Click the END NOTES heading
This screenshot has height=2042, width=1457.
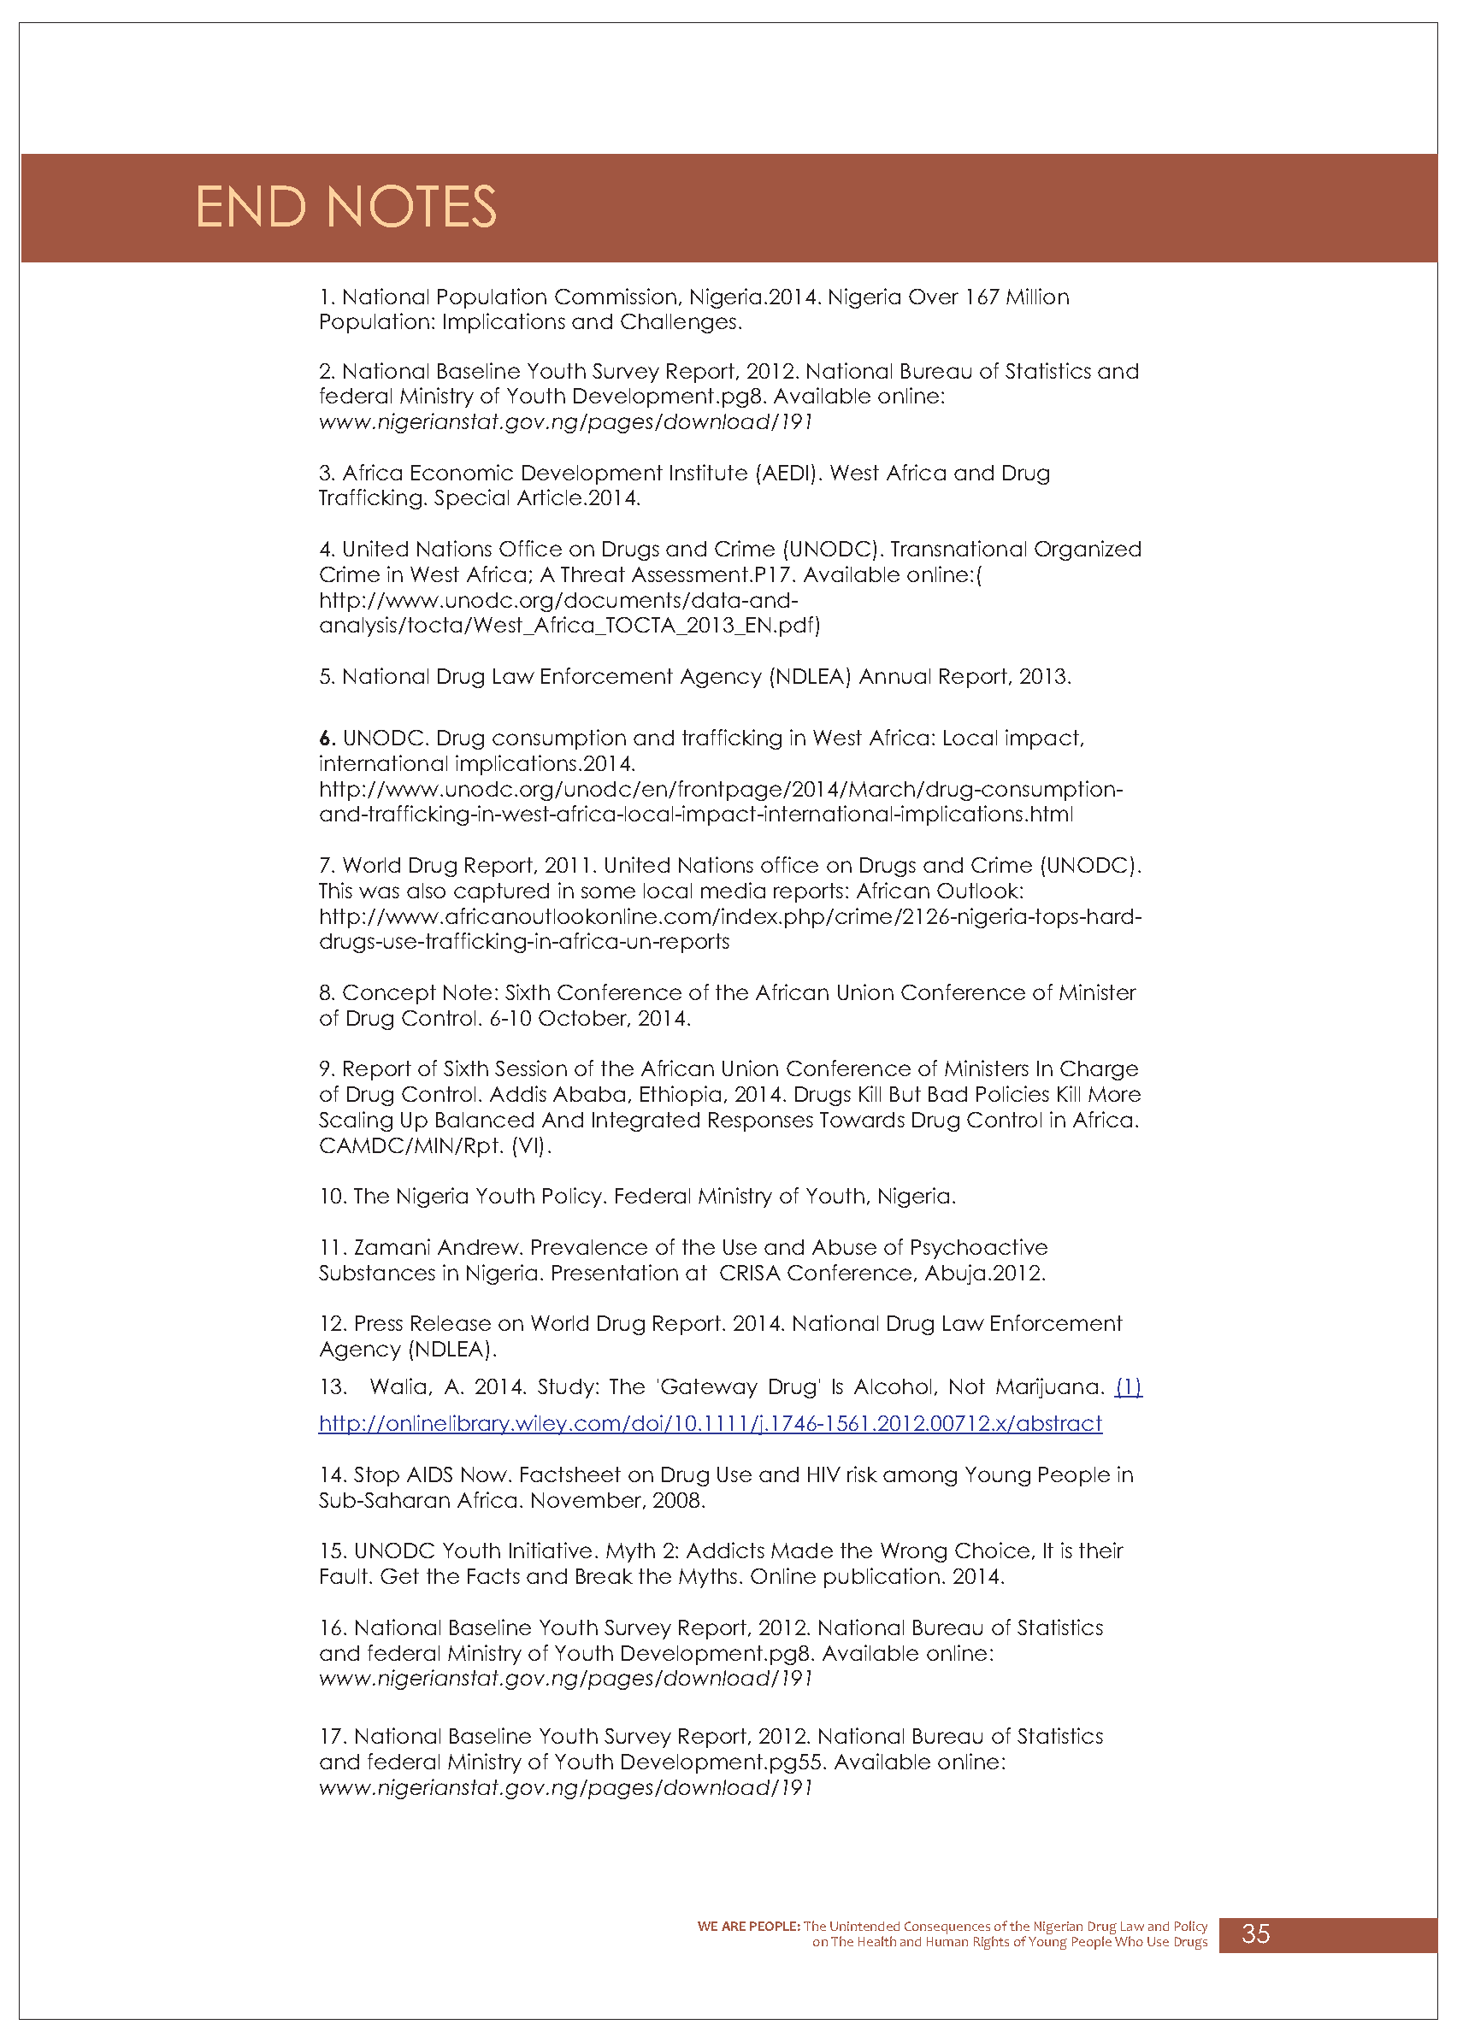click(345, 207)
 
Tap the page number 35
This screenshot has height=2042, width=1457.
click(1255, 1933)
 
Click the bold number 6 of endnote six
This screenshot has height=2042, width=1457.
click(326, 738)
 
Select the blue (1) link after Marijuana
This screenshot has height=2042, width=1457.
click(1128, 1387)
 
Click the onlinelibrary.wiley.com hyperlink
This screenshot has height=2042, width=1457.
click(710, 1423)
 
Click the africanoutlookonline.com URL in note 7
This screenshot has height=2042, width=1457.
click(729, 916)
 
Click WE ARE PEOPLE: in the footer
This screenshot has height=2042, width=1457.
click(748, 1927)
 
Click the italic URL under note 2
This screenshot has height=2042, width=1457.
click(565, 421)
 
